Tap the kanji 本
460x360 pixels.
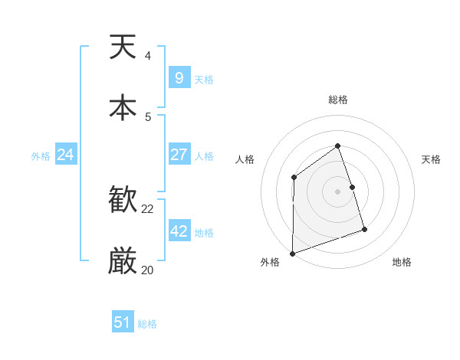coord(123,107)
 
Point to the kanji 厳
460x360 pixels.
coord(123,261)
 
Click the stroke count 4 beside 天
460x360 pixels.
coord(148,56)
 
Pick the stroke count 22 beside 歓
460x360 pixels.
coord(148,209)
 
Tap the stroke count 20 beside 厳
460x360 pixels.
coord(148,270)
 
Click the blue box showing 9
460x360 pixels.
coord(179,78)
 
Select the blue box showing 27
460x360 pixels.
coord(179,155)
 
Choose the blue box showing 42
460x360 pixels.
coord(179,231)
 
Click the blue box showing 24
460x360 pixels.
coord(65,155)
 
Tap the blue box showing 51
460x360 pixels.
coord(122,322)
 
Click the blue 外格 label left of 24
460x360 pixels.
coord(41,156)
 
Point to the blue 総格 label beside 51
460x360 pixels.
coord(147,324)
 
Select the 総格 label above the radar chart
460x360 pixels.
coord(338,100)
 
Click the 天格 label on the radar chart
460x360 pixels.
coord(432,159)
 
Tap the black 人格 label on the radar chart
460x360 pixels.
coord(245,159)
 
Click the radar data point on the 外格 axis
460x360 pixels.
coord(292,253)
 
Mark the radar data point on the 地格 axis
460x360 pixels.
coord(364,229)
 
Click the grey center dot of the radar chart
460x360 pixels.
coord(337,191)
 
